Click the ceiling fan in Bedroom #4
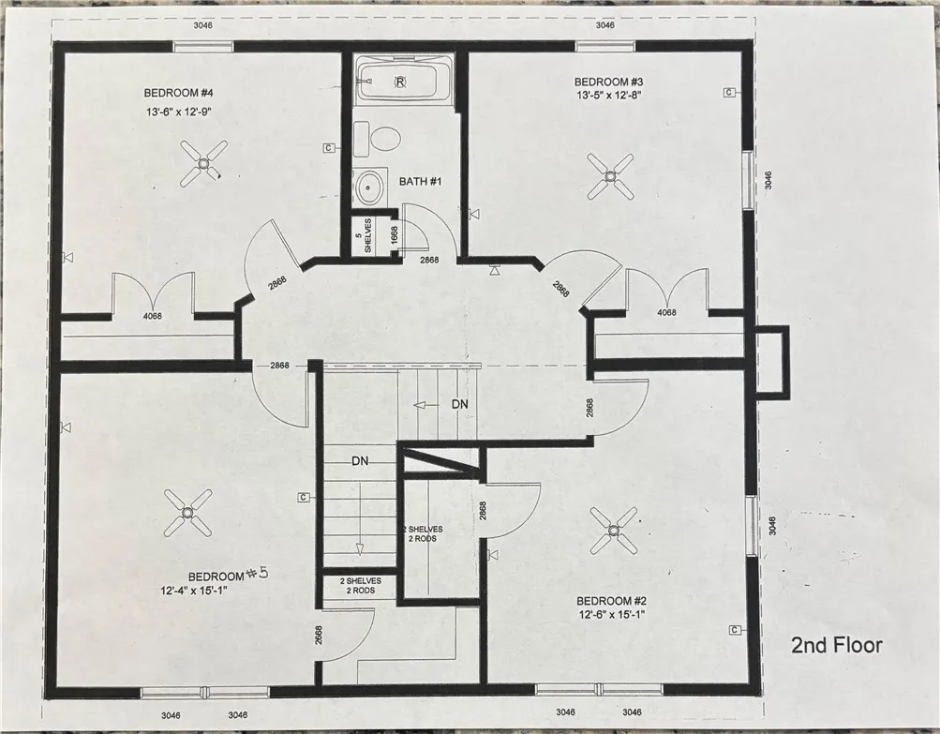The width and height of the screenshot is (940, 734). click(x=203, y=162)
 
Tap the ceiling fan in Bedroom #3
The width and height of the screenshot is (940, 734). click(x=610, y=176)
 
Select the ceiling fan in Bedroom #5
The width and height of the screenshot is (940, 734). click(x=187, y=513)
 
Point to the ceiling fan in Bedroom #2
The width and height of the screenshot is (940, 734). click(x=613, y=531)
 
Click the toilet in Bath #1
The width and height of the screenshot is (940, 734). click(x=377, y=139)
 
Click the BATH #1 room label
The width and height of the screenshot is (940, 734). click(x=420, y=181)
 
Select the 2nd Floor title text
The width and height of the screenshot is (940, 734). click(x=837, y=645)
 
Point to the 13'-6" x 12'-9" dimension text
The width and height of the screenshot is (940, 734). click(x=180, y=112)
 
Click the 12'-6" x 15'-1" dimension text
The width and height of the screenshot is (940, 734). click(x=611, y=615)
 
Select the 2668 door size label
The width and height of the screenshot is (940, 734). click(x=319, y=636)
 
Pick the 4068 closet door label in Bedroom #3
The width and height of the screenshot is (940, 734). click(x=666, y=312)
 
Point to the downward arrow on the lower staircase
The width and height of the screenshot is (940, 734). click(x=360, y=548)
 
